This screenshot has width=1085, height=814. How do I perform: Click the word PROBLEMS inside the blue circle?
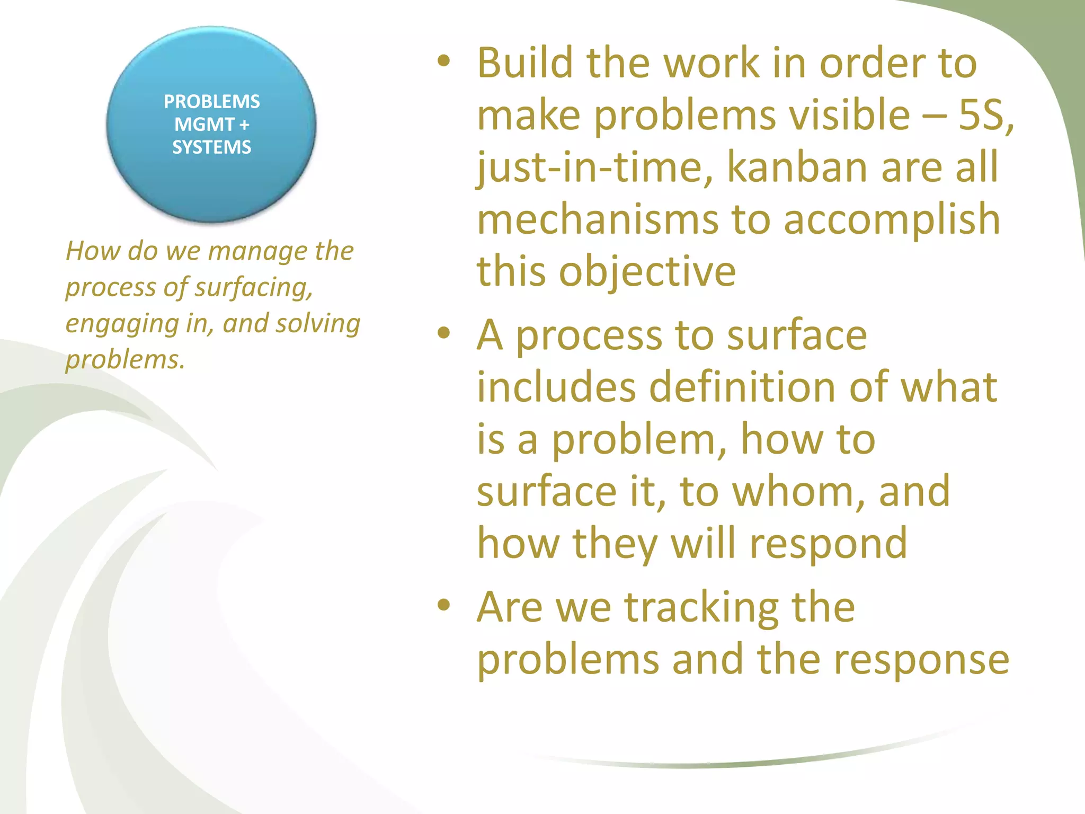pos(211,101)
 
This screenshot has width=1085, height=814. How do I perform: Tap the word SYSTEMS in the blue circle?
pos(211,147)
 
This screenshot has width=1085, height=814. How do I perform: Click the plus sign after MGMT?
pos(244,125)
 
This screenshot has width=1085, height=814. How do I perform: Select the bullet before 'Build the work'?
pos(444,62)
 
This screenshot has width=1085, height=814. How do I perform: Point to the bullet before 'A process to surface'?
pos(444,334)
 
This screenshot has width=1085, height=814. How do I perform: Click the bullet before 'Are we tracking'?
pos(444,605)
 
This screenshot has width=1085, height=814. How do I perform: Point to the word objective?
pos(647,271)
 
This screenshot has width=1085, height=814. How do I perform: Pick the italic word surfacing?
pos(254,288)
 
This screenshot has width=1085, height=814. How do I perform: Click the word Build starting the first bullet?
pos(525,63)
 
